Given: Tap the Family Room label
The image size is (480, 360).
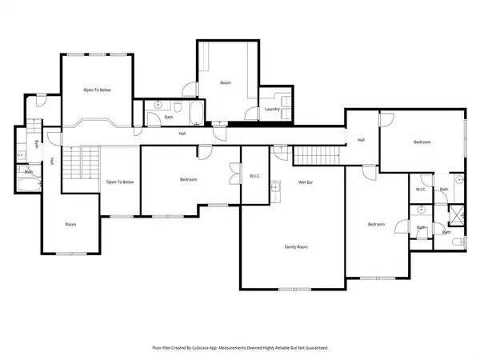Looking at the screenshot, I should tap(296, 247).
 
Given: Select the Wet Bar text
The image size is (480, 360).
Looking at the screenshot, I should tap(305, 182).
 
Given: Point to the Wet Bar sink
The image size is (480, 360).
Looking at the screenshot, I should tap(274, 189).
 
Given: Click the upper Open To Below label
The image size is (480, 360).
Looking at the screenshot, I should tap(97, 90).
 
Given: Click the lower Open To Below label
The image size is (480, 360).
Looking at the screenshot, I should tap(119, 182).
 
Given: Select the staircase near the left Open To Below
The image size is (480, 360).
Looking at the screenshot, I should tap(73, 164).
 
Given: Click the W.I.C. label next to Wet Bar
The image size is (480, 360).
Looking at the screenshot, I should tap(255, 176).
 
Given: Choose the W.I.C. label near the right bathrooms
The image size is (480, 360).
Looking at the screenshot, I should tap(421, 190).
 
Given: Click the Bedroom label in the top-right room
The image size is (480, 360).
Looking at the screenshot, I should tap(422, 142).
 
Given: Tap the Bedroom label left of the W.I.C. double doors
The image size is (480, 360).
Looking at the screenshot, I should tap(188, 180).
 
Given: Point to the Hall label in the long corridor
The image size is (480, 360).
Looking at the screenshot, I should tap(182, 134).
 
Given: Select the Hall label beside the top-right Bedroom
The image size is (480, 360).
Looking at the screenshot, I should tap(361, 139).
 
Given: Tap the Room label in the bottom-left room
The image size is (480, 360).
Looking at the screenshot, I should tap(70, 225).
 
